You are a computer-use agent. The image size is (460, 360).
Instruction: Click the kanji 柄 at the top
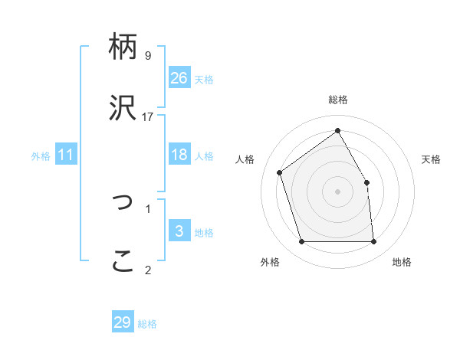(x=123, y=47)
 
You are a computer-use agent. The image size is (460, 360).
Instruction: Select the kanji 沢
(x=123, y=110)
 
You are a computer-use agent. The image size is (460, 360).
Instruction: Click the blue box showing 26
(x=179, y=77)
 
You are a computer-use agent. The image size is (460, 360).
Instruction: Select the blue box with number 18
(x=179, y=155)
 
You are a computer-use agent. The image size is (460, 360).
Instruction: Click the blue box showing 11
(x=66, y=155)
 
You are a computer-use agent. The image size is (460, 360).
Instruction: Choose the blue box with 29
(x=123, y=322)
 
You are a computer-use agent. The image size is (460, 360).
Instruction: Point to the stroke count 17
(x=148, y=117)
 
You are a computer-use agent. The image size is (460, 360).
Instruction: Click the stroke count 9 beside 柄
(x=148, y=56)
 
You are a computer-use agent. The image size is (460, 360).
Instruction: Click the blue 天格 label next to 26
(x=204, y=79)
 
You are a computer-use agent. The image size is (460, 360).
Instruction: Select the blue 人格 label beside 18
(x=204, y=156)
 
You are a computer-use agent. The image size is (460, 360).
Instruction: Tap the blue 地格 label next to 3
(x=204, y=233)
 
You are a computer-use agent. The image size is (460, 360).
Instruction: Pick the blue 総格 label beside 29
(x=147, y=324)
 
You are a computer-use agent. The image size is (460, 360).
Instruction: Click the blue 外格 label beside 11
(x=41, y=156)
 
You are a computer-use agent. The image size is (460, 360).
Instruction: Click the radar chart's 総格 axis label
(x=338, y=100)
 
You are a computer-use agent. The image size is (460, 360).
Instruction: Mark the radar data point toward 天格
(x=366, y=182)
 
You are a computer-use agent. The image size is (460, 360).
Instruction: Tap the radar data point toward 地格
(x=373, y=242)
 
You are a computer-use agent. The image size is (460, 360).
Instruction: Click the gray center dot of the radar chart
(x=337, y=191)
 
